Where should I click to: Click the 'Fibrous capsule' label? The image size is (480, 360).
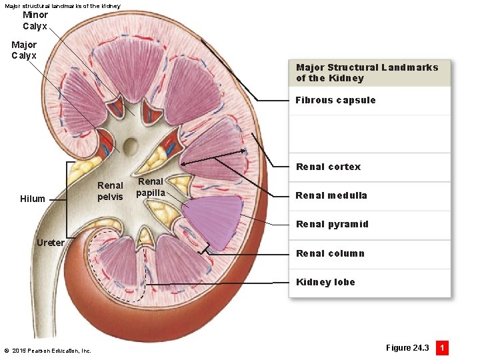coord(335,100)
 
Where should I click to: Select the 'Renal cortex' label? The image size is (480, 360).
coord(328,167)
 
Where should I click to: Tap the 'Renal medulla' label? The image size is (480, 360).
coord(331,195)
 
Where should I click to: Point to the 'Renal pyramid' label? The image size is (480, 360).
coord(331,224)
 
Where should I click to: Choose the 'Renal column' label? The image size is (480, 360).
coord(330,253)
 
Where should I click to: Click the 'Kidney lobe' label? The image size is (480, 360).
coord(325,282)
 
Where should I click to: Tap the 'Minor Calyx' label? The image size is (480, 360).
coord(35,21)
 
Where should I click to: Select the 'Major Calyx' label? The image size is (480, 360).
coord(24,50)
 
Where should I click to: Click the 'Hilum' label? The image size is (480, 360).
coord(33,199)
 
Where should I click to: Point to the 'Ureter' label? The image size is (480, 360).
coord(51,242)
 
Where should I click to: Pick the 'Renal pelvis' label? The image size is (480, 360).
coord(110,191)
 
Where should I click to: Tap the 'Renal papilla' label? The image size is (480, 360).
coord(151,187)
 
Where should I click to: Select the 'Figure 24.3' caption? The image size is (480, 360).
coord(407,348)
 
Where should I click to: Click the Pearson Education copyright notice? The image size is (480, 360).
coord(47,351)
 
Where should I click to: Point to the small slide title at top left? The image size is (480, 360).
coord(63,5)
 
